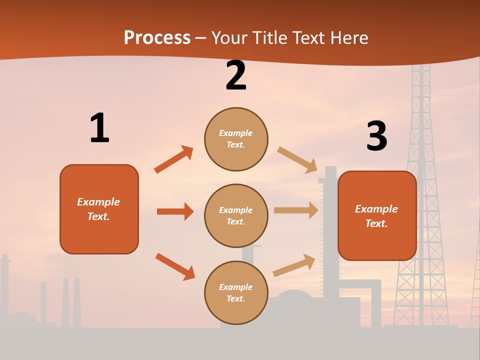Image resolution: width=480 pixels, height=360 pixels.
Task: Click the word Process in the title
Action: [x=157, y=38]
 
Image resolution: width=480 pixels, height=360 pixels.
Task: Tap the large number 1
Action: [x=99, y=128]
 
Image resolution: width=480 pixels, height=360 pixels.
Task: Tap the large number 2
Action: [x=236, y=75]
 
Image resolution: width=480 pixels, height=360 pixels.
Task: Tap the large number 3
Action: [x=376, y=136]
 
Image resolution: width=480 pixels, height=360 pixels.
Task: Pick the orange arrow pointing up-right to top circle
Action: [x=174, y=159]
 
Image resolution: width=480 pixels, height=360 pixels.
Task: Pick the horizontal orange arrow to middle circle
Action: [x=175, y=211]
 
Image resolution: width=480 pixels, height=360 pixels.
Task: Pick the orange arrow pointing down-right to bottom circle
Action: [x=175, y=266]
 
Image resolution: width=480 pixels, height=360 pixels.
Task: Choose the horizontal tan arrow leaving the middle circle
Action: [x=296, y=210]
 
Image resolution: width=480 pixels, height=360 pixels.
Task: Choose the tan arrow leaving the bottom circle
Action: [x=294, y=265]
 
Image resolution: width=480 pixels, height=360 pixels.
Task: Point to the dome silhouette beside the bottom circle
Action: [x=293, y=297]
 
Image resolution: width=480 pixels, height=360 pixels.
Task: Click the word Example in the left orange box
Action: [x=98, y=202]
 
